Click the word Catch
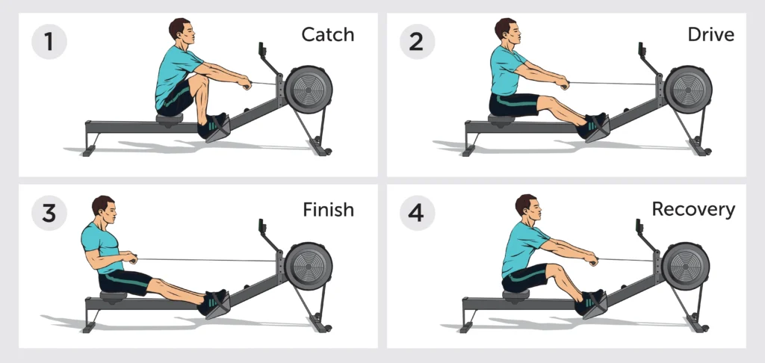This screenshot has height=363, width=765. click(x=327, y=34)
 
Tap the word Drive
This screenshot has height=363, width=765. click(x=710, y=34)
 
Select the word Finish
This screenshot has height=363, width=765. click(x=328, y=210)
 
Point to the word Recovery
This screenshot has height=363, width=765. click(x=693, y=210)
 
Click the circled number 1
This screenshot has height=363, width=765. click(x=49, y=41)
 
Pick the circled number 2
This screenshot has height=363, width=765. click(x=416, y=41)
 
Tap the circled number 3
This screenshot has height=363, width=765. click(x=49, y=213)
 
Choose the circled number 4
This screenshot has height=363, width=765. click(x=416, y=213)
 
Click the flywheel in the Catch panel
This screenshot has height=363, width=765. click(x=309, y=90)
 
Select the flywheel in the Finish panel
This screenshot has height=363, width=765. click(x=309, y=267)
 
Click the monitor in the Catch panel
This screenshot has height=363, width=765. click(x=261, y=49)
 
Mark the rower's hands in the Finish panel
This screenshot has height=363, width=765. click(x=130, y=257)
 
